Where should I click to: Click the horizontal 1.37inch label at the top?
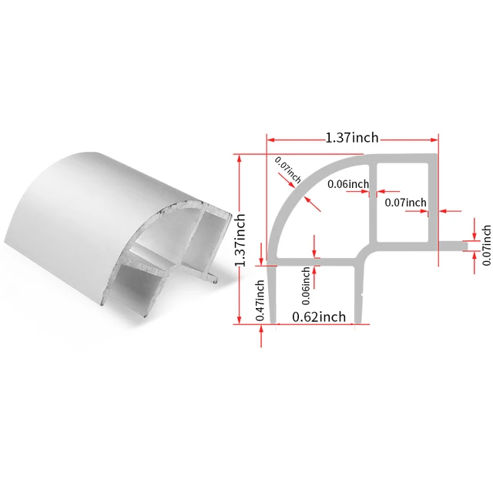[x=352, y=138]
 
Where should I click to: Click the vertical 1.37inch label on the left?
[x=242, y=239]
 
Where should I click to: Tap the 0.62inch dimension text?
[x=317, y=316]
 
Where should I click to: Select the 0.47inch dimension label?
[x=260, y=304]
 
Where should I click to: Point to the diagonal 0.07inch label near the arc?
[x=287, y=169]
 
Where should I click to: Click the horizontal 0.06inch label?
[x=348, y=184]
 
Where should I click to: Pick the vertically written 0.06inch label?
[x=307, y=283]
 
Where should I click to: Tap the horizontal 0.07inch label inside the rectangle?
[x=405, y=203]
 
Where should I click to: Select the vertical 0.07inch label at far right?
[x=486, y=244]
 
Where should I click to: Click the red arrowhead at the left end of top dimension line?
[x=271, y=139]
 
